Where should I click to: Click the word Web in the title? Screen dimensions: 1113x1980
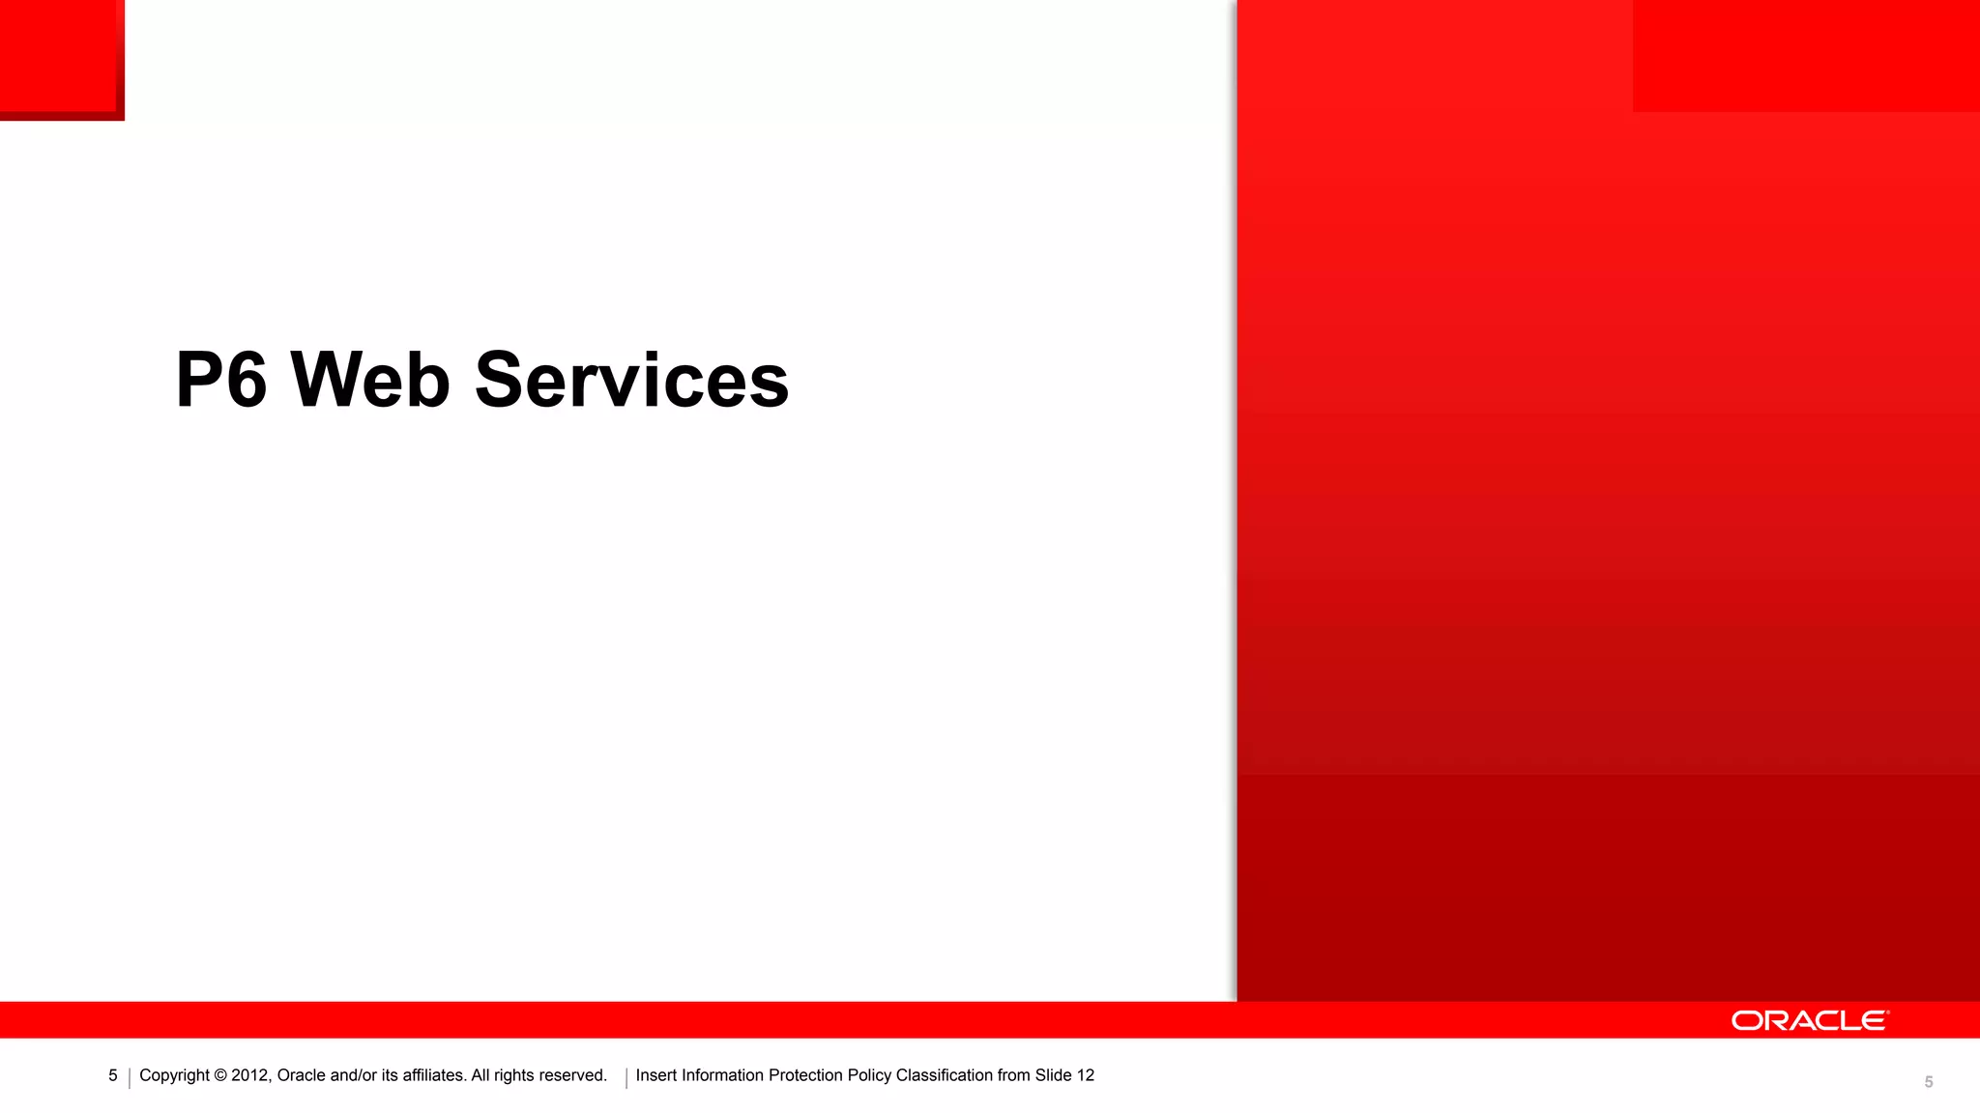(x=370, y=380)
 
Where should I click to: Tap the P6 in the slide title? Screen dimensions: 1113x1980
(x=221, y=380)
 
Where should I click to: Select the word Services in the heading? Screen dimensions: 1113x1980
(x=631, y=380)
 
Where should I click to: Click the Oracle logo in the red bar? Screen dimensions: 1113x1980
(x=1809, y=1020)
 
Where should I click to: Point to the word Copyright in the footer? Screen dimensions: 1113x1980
(x=174, y=1075)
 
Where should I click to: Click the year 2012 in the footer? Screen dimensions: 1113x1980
(x=250, y=1075)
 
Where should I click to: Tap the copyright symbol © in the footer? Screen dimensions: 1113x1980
(x=220, y=1075)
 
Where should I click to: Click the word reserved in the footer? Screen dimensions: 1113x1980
(x=571, y=1075)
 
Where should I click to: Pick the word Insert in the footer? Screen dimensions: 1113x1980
(x=656, y=1075)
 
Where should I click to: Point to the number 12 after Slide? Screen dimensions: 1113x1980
(x=1085, y=1075)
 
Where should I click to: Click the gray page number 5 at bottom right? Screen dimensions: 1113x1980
(x=1928, y=1082)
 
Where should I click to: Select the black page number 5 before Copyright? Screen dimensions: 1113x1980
(x=113, y=1075)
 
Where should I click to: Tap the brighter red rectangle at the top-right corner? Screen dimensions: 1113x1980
(x=1805, y=55)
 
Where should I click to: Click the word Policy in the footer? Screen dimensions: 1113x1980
(x=869, y=1075)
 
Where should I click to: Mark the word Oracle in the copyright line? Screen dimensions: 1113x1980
(x=301, y=1075)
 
